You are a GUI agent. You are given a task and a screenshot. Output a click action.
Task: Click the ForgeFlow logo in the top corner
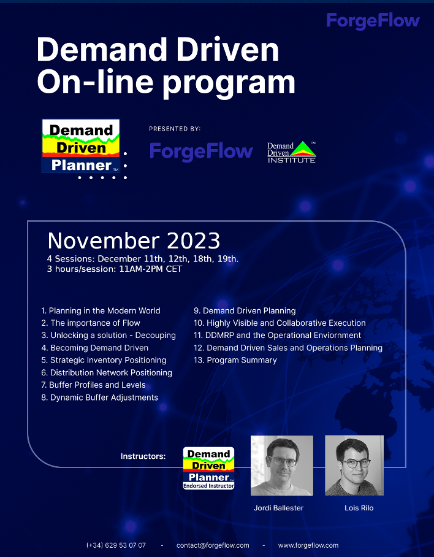pyautogui.click(x=373, y=21)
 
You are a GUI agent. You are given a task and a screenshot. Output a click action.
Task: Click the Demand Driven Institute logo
pyautogui.click(x=292, y=152)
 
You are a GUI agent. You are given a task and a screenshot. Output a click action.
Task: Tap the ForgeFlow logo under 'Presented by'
pyautogui.click(x=201, y=152)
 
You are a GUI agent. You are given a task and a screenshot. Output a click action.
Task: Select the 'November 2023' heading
pyautogui.click(x=134, y=241)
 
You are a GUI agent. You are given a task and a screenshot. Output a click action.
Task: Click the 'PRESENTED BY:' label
pyautogui.click(x=175, y=129)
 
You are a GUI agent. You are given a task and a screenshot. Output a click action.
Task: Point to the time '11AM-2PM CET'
pyautogui.click(x=150, y=269)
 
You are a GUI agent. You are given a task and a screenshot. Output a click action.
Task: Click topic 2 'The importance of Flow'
pyautogui.click(x=91, y=323)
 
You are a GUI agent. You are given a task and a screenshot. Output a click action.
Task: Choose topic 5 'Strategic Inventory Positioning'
pyautogui.click(x=104, y=360)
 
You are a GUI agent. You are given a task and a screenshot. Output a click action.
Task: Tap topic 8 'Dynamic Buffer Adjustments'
pyautogui.click(x=100, y=398)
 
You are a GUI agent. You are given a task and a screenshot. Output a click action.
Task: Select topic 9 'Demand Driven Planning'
pyautogui.click(x=245, y=311)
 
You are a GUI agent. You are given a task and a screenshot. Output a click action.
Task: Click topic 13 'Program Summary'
pyautogui.click(x=235, y=360)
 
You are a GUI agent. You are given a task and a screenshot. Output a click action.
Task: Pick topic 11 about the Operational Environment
pyautogui.click(x=278, y=336)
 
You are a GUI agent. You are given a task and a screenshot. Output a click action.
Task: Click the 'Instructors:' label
pyautogui.click(x=143, y=456)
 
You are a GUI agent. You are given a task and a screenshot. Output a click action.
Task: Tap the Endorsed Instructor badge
pyautogui.click(x=208, y=468)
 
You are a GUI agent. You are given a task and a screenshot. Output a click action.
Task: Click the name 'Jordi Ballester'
pyautogui.click(x=278, y=508)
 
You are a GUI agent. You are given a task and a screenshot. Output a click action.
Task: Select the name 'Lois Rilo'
pyautogui.click(x=359, y=508)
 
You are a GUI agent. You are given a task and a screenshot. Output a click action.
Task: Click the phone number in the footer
pyautogui.click(x=116, y=545)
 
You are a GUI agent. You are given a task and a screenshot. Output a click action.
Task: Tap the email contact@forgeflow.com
pyautogui.click(x=213, y=545)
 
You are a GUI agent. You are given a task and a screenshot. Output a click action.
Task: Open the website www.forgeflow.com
pyautogui.click(x=308, y=545)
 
